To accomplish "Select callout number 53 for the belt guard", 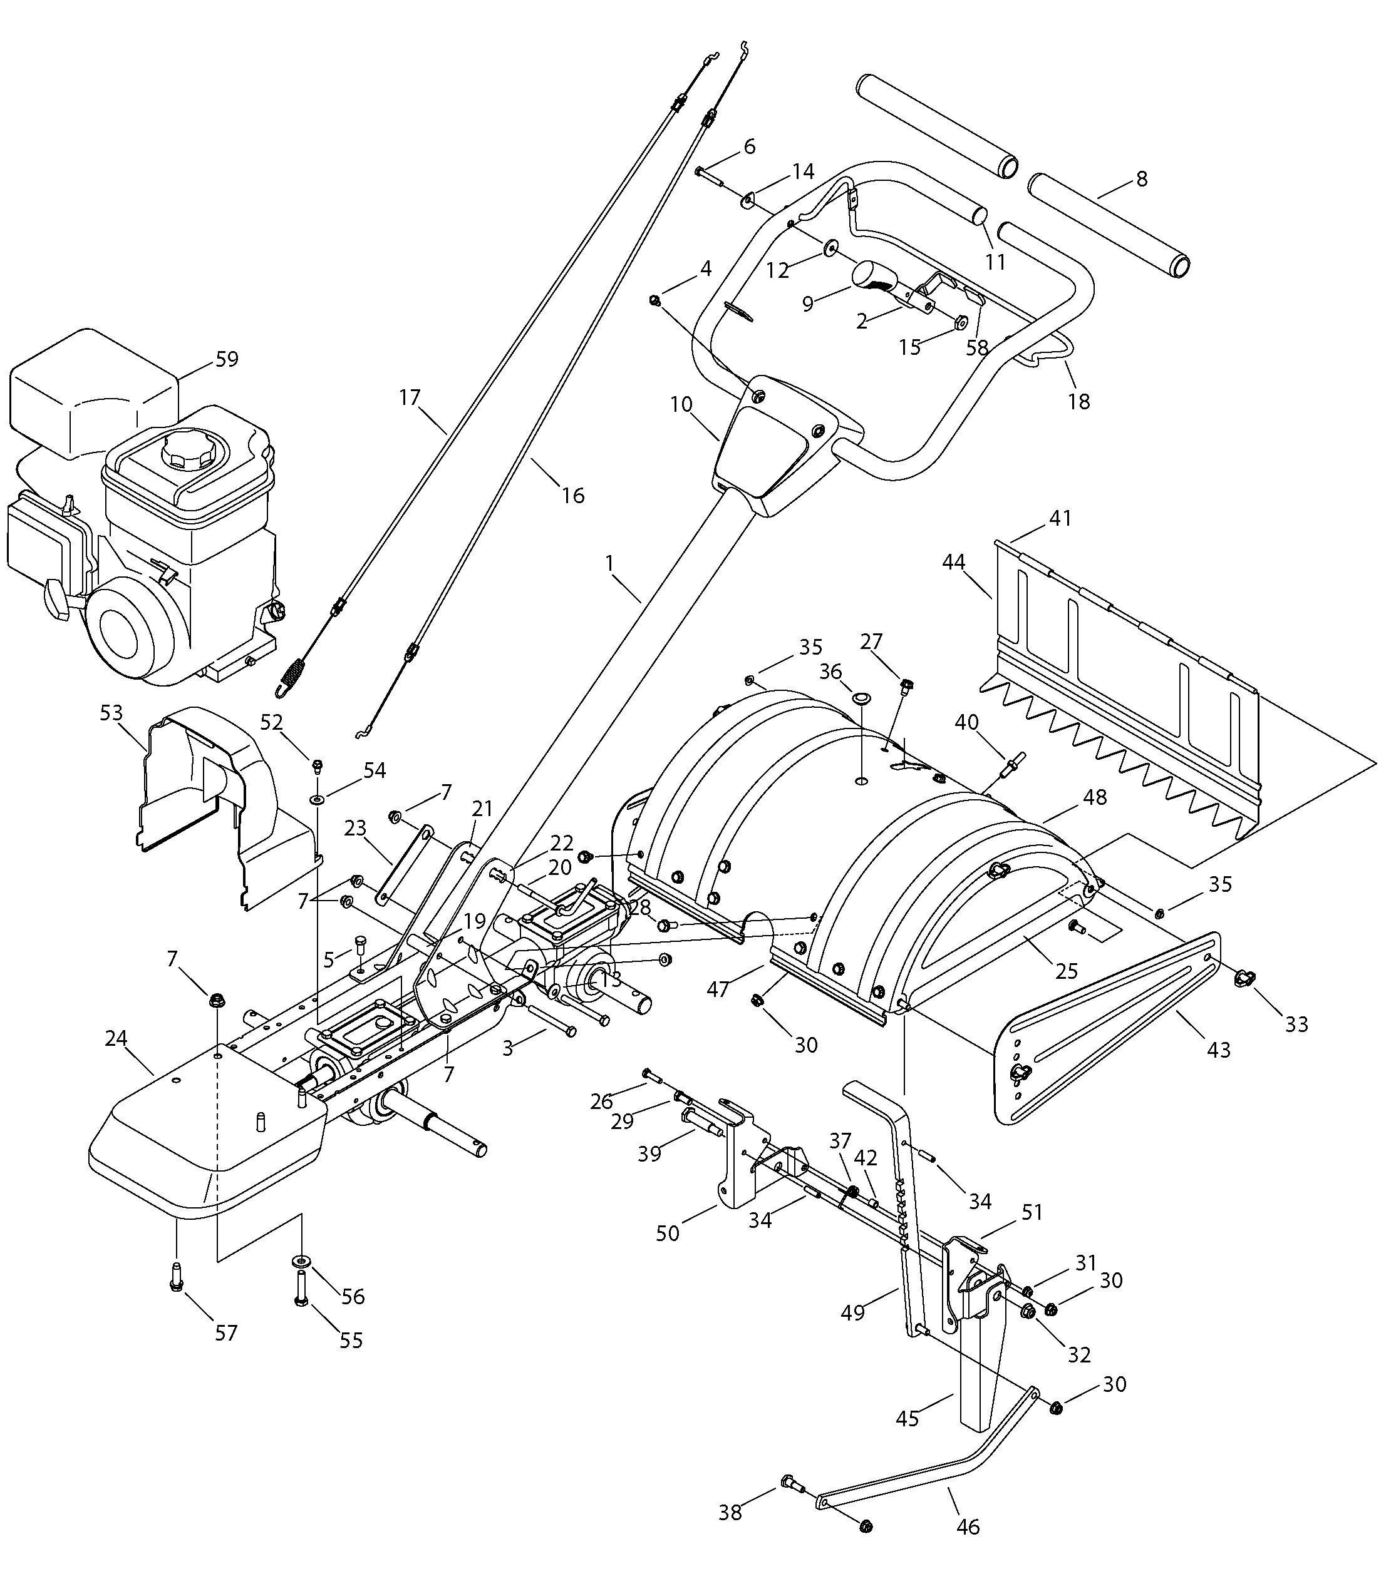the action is point(111,712).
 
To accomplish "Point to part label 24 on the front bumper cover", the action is point(116,1039).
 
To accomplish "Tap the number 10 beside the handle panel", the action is point(681,404).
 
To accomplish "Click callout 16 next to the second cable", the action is point(572,495).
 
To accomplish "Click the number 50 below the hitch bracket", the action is point(667,1233).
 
